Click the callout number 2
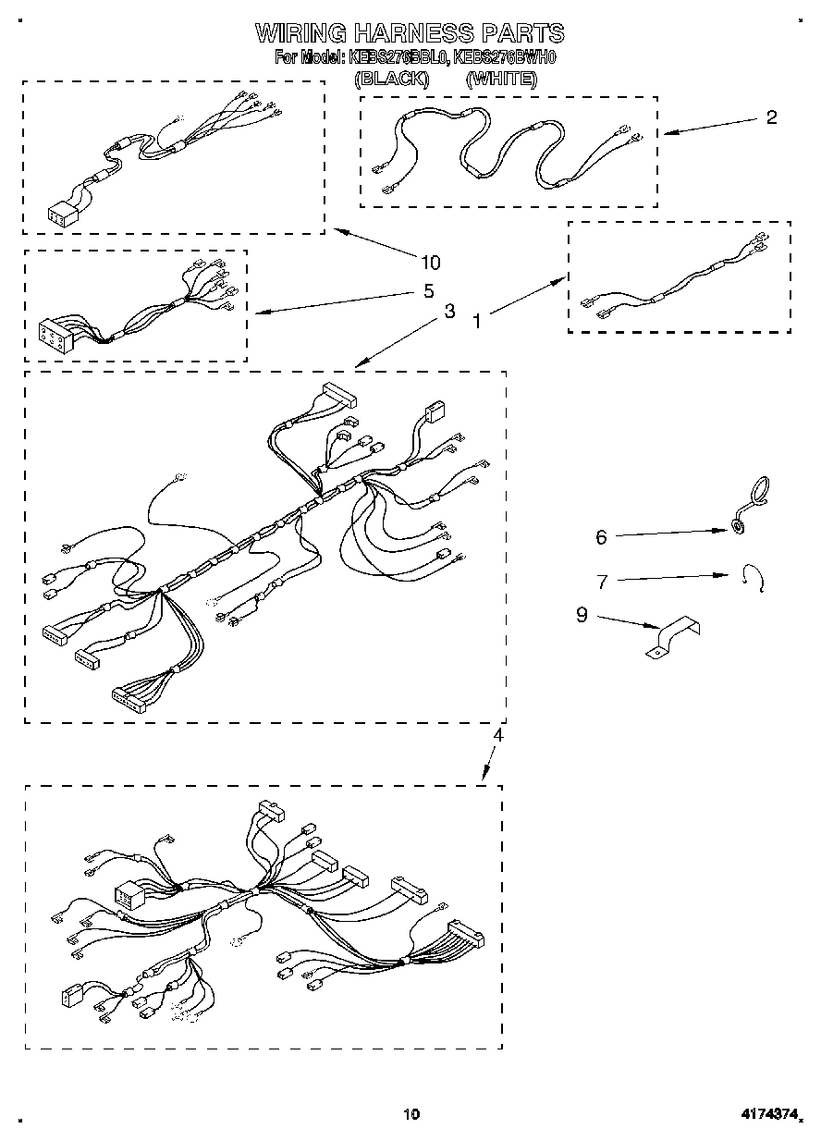tap(771, 117)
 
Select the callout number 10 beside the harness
tap(430, 262)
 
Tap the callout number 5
tap(428, 290)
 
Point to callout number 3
tap(448, 312)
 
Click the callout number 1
tap(477, 322)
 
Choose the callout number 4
tap(497, 736)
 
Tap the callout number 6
tap(601, 535)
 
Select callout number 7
tap(602, 582)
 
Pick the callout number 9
tap(582, 615)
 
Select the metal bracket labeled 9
tap(672, 638)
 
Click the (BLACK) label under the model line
tap(392, 80)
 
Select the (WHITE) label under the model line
tap(500, 80)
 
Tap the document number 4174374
tap(768, 1114)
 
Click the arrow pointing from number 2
tap(707, 127)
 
